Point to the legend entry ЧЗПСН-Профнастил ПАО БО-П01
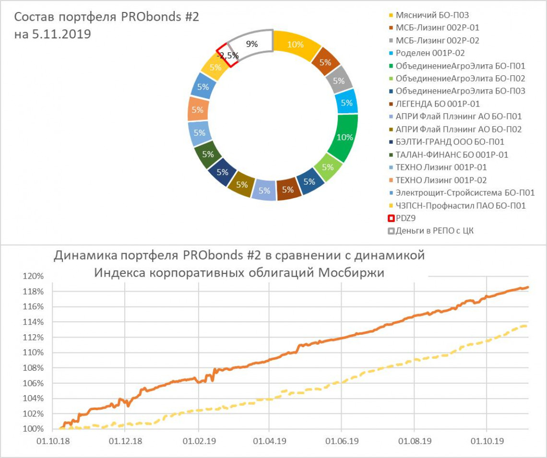point(461,206)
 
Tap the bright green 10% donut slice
point(345,137)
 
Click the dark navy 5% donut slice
point(222,171)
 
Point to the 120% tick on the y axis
point(34,277)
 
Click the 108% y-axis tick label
point(34,368)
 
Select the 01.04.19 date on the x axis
point(269,440)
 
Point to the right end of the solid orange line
point(528,287)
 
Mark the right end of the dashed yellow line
point(527,326)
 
